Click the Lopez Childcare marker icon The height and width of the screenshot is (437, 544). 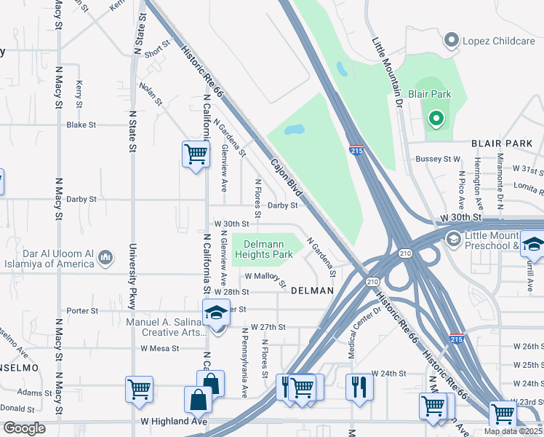click(x=452, y=41)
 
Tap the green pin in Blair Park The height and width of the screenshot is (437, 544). click(x=436, y=118)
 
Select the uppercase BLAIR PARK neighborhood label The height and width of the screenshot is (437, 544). click(x=502, y=144)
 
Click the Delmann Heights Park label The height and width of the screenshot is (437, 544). click(x=268, y=249)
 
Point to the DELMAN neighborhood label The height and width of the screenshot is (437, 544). click(x=312, y=291)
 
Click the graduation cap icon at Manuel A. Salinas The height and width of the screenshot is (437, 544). click(x=216, y=312)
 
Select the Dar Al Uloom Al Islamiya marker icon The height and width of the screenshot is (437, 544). click(x=106, y=257)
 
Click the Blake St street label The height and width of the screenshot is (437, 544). click(x=81, y=125)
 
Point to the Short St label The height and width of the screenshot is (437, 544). click(x=156, y=52)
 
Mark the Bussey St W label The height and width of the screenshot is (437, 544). click(x=438, y=158)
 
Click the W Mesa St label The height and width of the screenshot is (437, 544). click(x=160, y=348)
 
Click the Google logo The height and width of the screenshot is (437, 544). click(x=24, y=428)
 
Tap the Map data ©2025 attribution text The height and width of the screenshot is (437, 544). click(x=513, y=431)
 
